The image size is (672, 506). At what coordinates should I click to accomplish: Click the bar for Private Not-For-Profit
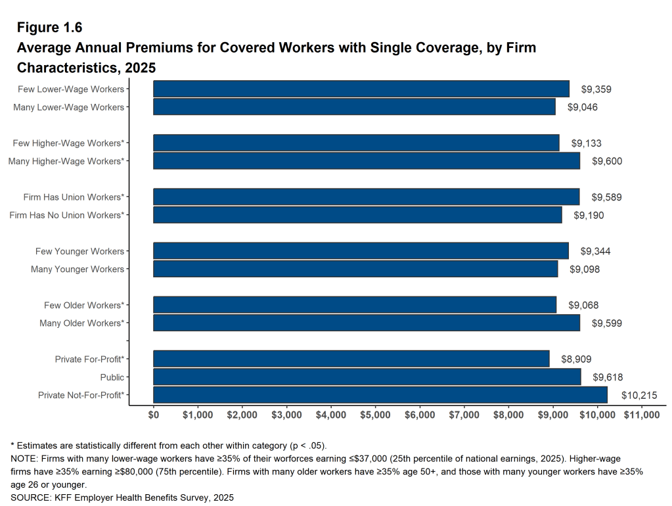[x=380, y=395]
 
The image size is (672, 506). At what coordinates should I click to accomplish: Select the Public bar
[x=367, y=377]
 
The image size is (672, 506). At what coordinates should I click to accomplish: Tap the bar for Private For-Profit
[x=351, y=359]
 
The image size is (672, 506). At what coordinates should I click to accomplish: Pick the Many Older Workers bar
[x=366, y=323]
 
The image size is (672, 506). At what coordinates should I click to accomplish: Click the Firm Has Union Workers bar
[x=366, y=197]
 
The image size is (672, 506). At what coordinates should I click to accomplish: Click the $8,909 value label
[x=576, y=359]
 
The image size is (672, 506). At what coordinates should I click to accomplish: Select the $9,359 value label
[x=596, y=89]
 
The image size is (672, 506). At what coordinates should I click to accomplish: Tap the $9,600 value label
[x=607, y=161]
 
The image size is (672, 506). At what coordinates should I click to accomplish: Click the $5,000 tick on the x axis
[x=375, y=415]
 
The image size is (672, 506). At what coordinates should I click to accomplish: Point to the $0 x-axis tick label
[x=154, y=415]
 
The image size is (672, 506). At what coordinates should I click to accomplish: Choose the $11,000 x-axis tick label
[x=641, y=415]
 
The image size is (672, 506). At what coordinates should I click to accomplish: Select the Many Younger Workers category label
[x=78, y=269]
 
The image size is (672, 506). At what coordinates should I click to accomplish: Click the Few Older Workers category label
[x=83, y=306]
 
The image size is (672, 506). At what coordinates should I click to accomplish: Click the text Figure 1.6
[x=49, y=28]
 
